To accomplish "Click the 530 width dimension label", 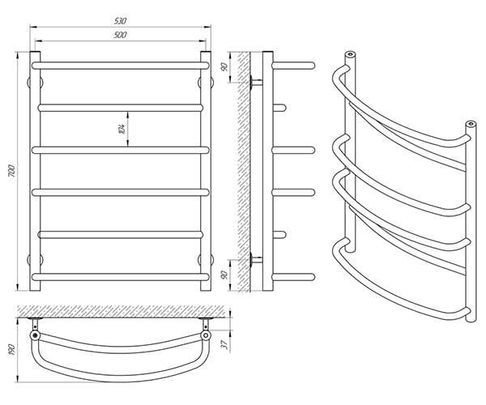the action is (120, 21).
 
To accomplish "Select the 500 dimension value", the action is (120, 35).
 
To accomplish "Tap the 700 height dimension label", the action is (11, 171).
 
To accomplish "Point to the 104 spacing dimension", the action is (122, 129).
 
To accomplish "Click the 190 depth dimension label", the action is (12, 350).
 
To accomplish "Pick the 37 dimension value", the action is (226, 343).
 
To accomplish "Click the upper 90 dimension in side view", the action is (225, 66).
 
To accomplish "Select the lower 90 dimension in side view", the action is (225, 275).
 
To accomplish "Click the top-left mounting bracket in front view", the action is (35, 83).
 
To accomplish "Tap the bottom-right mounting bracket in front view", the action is (206, 260).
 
